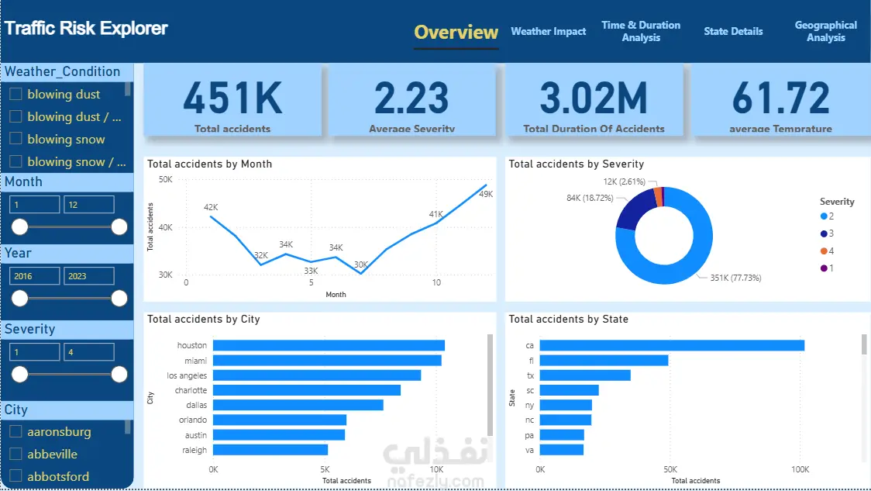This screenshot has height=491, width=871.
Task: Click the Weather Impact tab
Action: pos(548,32)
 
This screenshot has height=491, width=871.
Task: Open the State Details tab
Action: pos(733,32)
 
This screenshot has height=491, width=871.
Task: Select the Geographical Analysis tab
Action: pos(825,31)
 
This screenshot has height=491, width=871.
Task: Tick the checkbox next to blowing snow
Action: pos(15,140)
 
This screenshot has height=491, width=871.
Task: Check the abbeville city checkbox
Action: pos(15,455)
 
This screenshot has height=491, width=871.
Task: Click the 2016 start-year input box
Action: pos(34,275)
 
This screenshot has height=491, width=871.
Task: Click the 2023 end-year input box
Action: pos(88,275)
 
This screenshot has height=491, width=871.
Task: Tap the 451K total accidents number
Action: pos(232,99)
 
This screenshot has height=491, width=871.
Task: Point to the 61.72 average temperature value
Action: pos(780,99)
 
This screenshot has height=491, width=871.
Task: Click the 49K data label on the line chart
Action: pos(486,194)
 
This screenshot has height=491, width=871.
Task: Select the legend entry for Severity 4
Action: pos(826,251)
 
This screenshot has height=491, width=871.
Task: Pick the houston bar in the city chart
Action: pos(329,346)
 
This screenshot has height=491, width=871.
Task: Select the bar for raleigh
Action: pos(270,450)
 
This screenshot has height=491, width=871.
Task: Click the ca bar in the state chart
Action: pos(672,346)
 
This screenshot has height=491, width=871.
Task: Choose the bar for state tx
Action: pos(585,375)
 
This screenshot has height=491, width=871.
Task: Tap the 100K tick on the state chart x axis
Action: pos(800,470)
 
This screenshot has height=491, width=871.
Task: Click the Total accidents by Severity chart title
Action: pos(576,164)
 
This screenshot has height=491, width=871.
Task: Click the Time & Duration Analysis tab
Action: pos(641,31)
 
